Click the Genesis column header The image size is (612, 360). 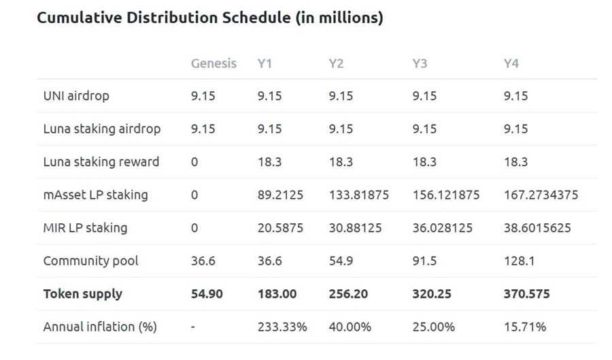tap(214, 63)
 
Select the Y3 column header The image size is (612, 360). tap(420, 63)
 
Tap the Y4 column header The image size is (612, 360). tap(511, 63)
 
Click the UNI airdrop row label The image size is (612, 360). tap(76, 96)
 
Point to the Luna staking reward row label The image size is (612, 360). tap(101, 162)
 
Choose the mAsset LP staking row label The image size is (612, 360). tap(95, 195)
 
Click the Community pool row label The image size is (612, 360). tap(90, 261)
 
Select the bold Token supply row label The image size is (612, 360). tap(83, 294)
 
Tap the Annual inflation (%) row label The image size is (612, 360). tap(100, 327)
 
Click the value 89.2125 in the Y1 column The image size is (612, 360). tap(280, 195)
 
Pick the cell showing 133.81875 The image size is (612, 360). tap(359, 195)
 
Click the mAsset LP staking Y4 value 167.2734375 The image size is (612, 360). tap(541, 195)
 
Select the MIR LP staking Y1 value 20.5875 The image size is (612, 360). tap(280, 228)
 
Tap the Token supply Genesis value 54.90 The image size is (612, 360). tap(207, 294)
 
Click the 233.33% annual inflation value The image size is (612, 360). tap(282, 327)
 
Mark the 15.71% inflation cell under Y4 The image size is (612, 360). tap(524, 327)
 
